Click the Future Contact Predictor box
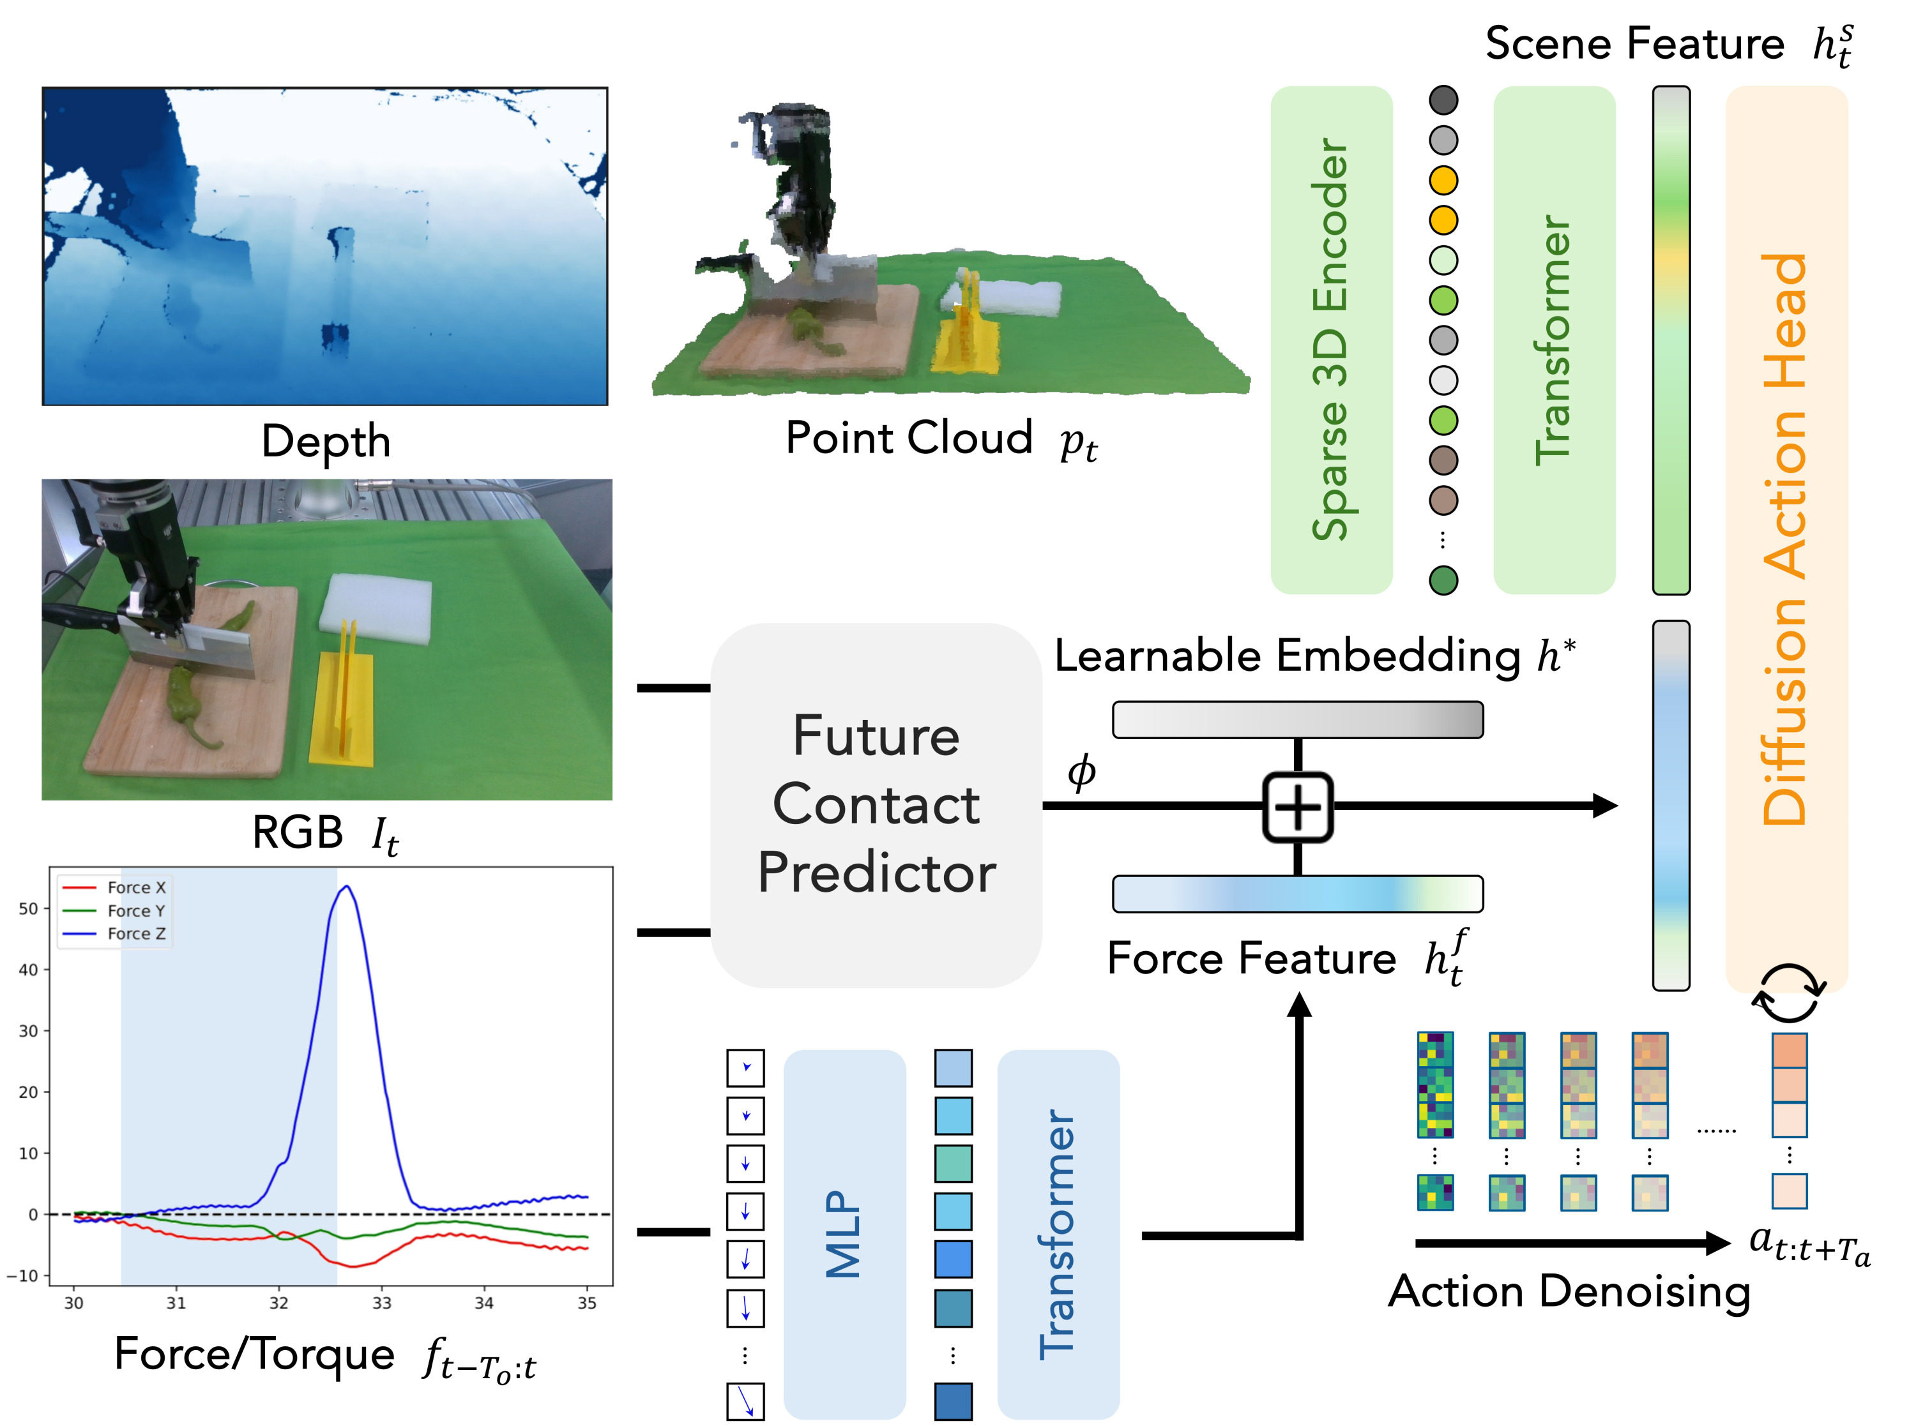(876, 804)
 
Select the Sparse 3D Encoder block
(1330, 339)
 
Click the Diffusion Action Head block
(1786, 539)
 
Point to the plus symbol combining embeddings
(1297, 807)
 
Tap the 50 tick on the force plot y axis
(29, 908)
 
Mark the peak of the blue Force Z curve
(347, 887)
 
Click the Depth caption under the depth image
(326, 441)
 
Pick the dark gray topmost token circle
(1443, 100)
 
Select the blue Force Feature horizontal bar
(1297, 894)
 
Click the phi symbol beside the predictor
(1081, 771)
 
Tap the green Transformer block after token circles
(1553, 339)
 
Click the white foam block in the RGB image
(376, 607)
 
